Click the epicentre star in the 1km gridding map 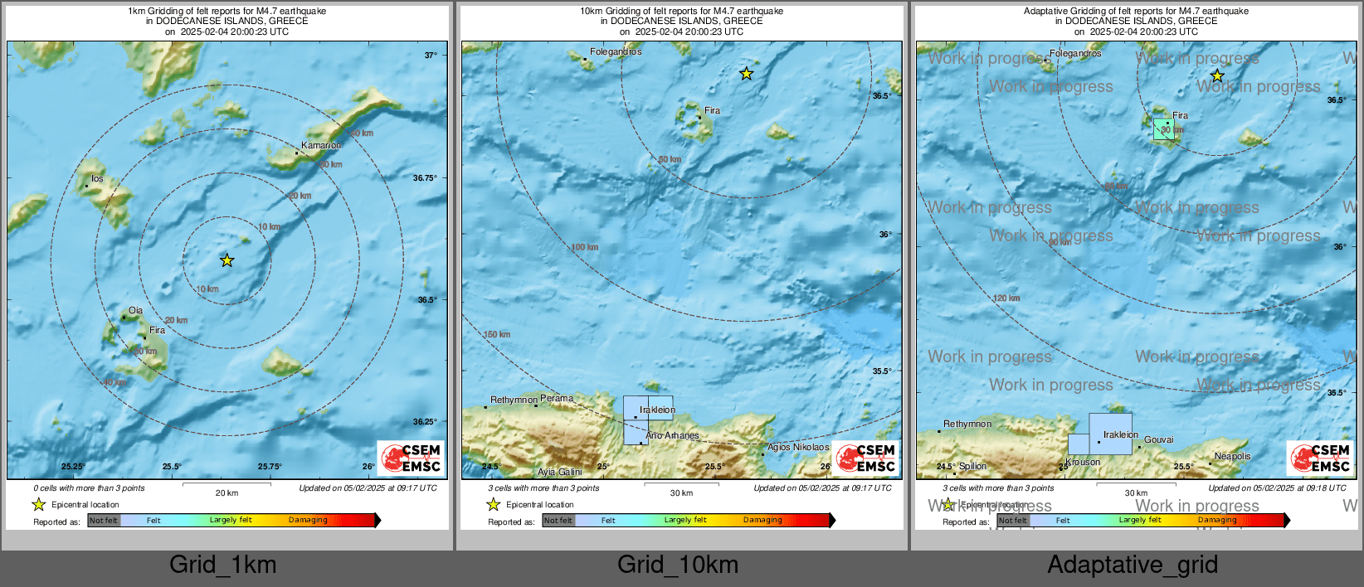(x=227, y=260)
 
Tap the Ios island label (x=97, y=179)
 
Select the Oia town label (x=135, y=311)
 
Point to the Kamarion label (x=321, y=145)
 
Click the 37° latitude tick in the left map (x=430, y=56)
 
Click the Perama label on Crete (x=556, y=399)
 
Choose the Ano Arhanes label (x=672, y=435)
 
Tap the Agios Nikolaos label (x=797, y=447)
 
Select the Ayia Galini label (x=559, y=472)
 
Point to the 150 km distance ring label (x=496, y=335)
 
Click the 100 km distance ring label (x=584, y=247)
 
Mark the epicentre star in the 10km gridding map (x=746, y=74)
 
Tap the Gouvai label (x=1158, y=439)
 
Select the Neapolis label (x=1232, y=456)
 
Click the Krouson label (x=1083, y=462)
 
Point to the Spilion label (x=972, y=466)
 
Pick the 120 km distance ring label (x=1006, y=298)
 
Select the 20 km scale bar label (x=227, y=492)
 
